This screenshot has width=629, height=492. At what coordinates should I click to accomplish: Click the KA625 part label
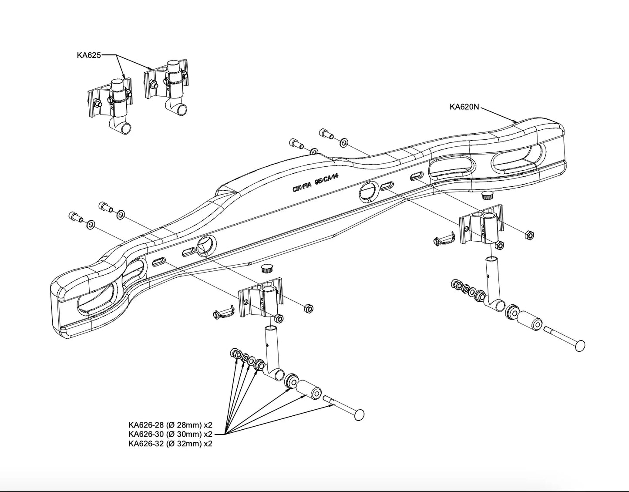coord(89,55)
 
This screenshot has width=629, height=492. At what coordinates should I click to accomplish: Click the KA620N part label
coord(464,107)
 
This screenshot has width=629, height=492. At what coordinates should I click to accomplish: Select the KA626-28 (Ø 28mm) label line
coord(170,425)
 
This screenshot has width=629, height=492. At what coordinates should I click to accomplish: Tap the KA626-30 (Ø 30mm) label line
coord(170,434)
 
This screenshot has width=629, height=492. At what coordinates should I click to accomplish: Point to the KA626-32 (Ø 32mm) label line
coord(170,444)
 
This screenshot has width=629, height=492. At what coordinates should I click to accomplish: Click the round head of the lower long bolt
coord(358,414)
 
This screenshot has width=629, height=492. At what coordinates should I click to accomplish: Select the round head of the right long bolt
coord(579,346)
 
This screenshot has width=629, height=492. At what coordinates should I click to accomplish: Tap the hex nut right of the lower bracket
coord(306,308)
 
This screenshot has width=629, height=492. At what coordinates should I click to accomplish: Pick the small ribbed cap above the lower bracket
coord(266,268)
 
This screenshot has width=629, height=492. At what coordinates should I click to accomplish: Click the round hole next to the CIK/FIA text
coord(368,192)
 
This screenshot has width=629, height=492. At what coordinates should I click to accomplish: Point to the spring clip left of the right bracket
coord(444,239)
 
